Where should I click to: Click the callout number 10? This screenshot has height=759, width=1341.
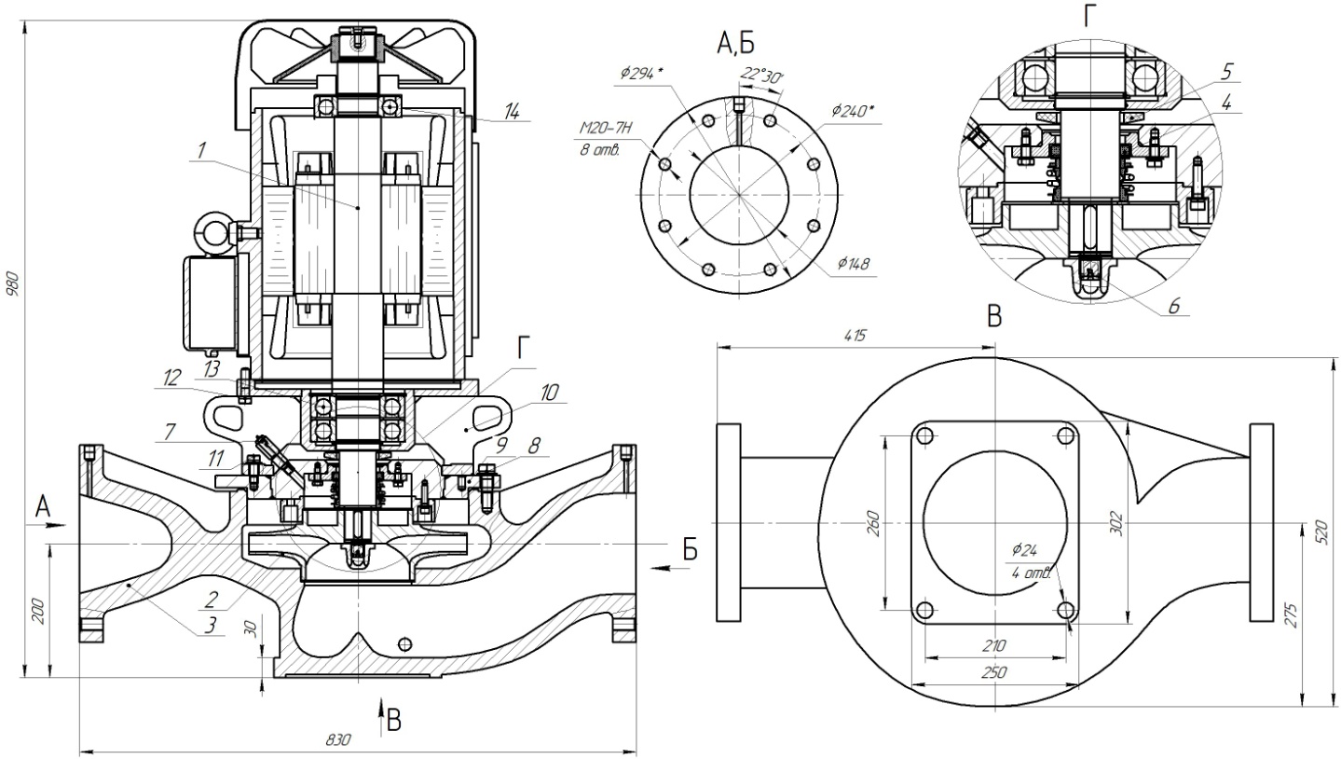coord(551,393)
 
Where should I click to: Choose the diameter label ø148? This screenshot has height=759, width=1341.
coord(853,264)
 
